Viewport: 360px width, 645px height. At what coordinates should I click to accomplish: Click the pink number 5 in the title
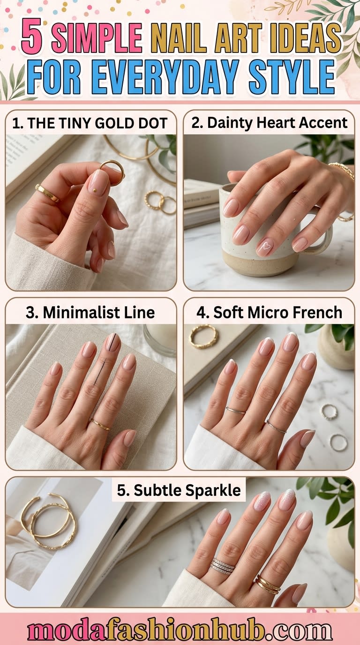pyautogui.click(x=32, y=38)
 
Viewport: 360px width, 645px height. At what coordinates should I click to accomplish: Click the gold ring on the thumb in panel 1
pyautogui.click(x=47, y=193)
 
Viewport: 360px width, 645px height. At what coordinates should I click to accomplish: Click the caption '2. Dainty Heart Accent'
pyautogui.click(x=269, y=123)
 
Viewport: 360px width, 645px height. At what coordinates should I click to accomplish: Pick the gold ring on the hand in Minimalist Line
pyautogui.click(x=100, y=424)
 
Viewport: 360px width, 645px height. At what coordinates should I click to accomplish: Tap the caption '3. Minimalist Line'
pyautogui.click(x=90, y=313)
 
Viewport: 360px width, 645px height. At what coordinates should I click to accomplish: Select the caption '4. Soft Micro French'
pyautogui.click(x=269, y=313)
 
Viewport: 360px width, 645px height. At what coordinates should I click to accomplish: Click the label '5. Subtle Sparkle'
pyautogui.click(x=179, y=490)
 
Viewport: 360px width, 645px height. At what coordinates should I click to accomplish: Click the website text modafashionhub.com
pyautogui.click(x=180, y=630)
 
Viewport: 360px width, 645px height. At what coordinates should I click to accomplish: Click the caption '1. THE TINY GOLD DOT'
pyautogui.click(x=90, y=123)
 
